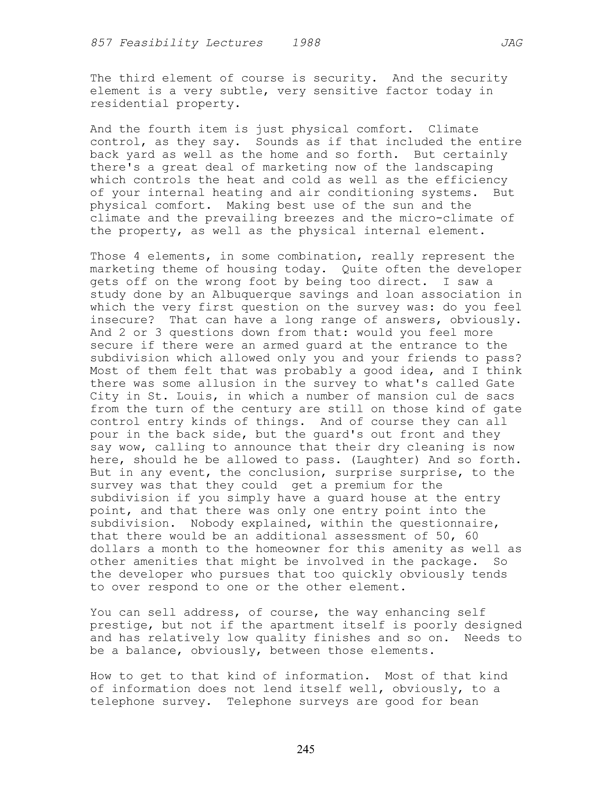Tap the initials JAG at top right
coord(512,43)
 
